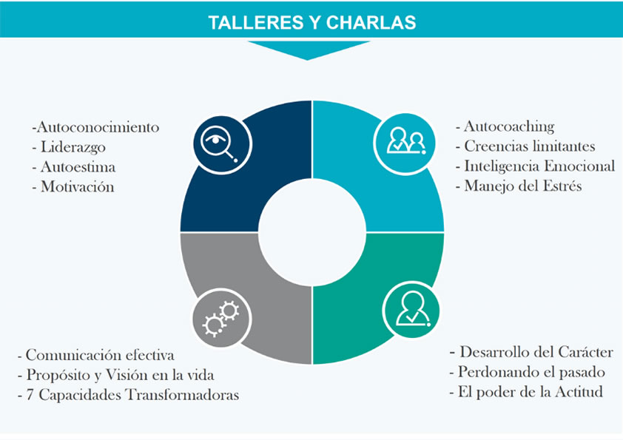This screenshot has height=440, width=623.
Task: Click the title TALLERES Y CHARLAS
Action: tap(312, 23)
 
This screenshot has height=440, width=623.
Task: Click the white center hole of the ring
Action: tap(312, 232)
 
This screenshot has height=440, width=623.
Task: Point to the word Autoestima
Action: tap(78, 167)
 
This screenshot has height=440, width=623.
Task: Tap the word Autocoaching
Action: tap(509, 127)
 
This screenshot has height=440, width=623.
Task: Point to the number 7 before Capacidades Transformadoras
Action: tap(30, 395)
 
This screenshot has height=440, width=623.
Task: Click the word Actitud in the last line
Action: tap(579, 392)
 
